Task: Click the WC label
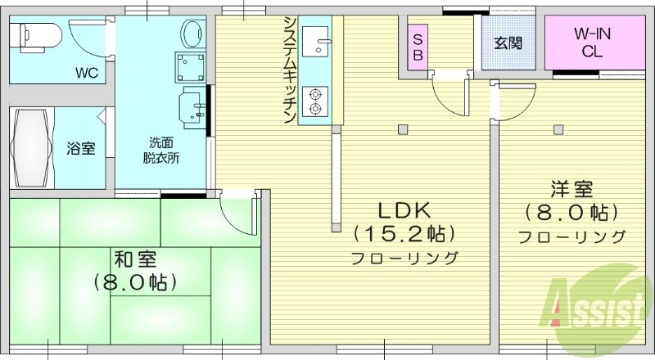pyautogui.click(x=87, y=72)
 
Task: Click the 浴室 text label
pyautogui.click(x=80, y=149)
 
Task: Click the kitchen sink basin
pyautogui.click(x=315, y=38)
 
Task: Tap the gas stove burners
pyautogui.click(x=314, y=102)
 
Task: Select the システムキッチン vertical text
pyautogui.click(x=289, y=70)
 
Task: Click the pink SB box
pyautogui.click(x=418, y=47)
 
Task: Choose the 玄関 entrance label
pyautogui.click(x=508, y=43)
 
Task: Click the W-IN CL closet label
pyautogui.click(x=590, y=42)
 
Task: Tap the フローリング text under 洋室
pyautogui.click(x=571, y=237)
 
